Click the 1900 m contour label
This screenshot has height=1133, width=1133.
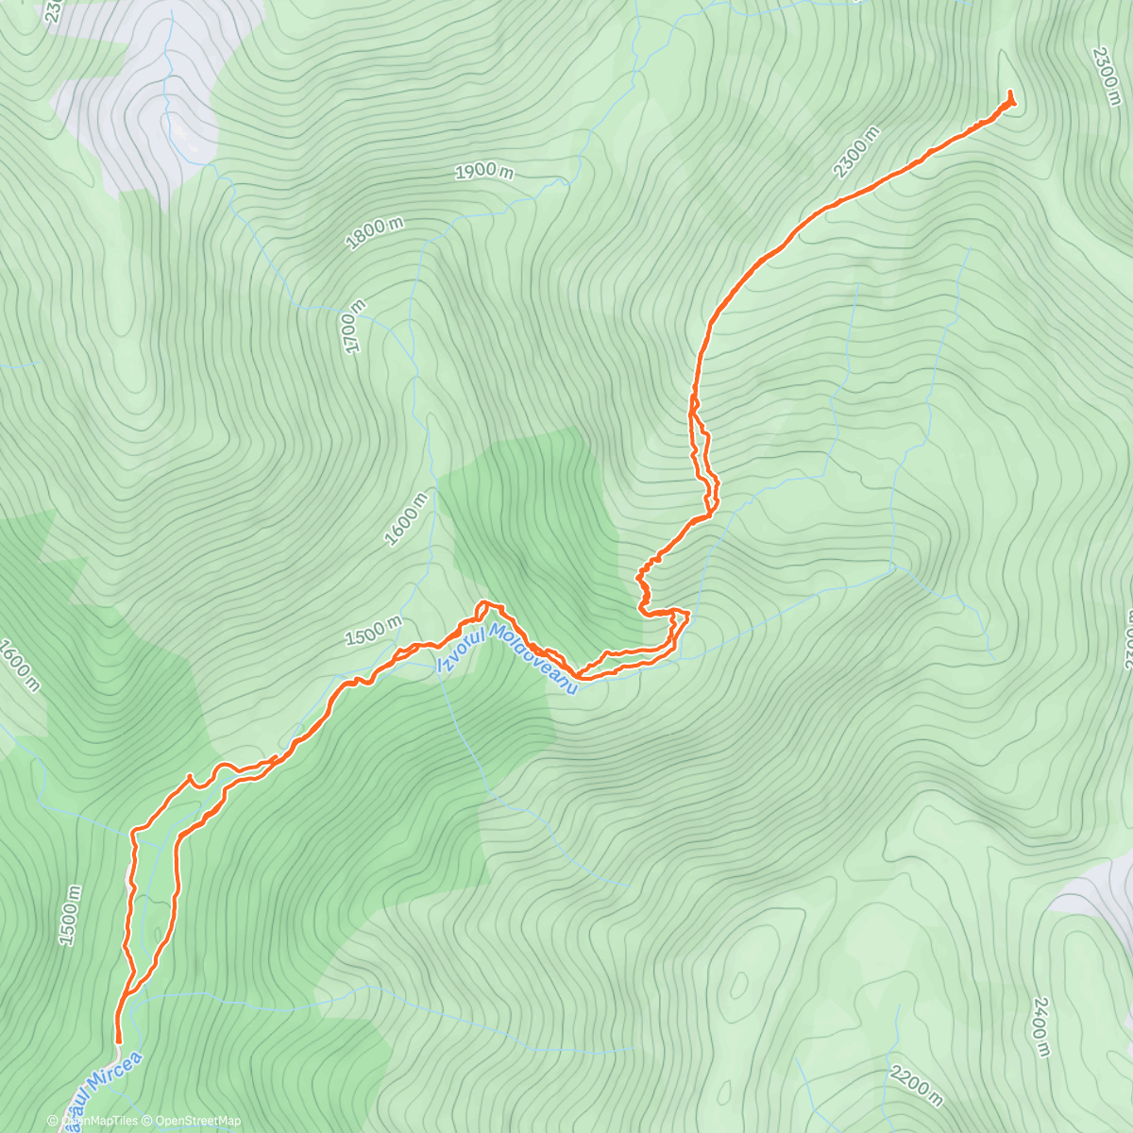pyautogui.click(x=484, y=172)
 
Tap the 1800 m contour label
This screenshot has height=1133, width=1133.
pyautogui.click(x=374, y=233)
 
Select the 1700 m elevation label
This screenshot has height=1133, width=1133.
pyautogui.click(x=353, y=327)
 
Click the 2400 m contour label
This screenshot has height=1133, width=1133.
pyautogui.click(x=1041, y=1026)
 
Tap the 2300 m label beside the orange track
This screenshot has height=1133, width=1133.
pyautogui.click(x=857, y=152)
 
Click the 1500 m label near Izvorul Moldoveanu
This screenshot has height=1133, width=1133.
pyautogui.click(x=373, y=631)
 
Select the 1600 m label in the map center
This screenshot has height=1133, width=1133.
pyautogui.click(x=407, y=519)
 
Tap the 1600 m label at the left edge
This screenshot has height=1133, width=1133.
pyautogui.click(x=19, y=666)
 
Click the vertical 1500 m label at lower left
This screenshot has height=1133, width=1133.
pyautogui.click(x=70, y=916)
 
